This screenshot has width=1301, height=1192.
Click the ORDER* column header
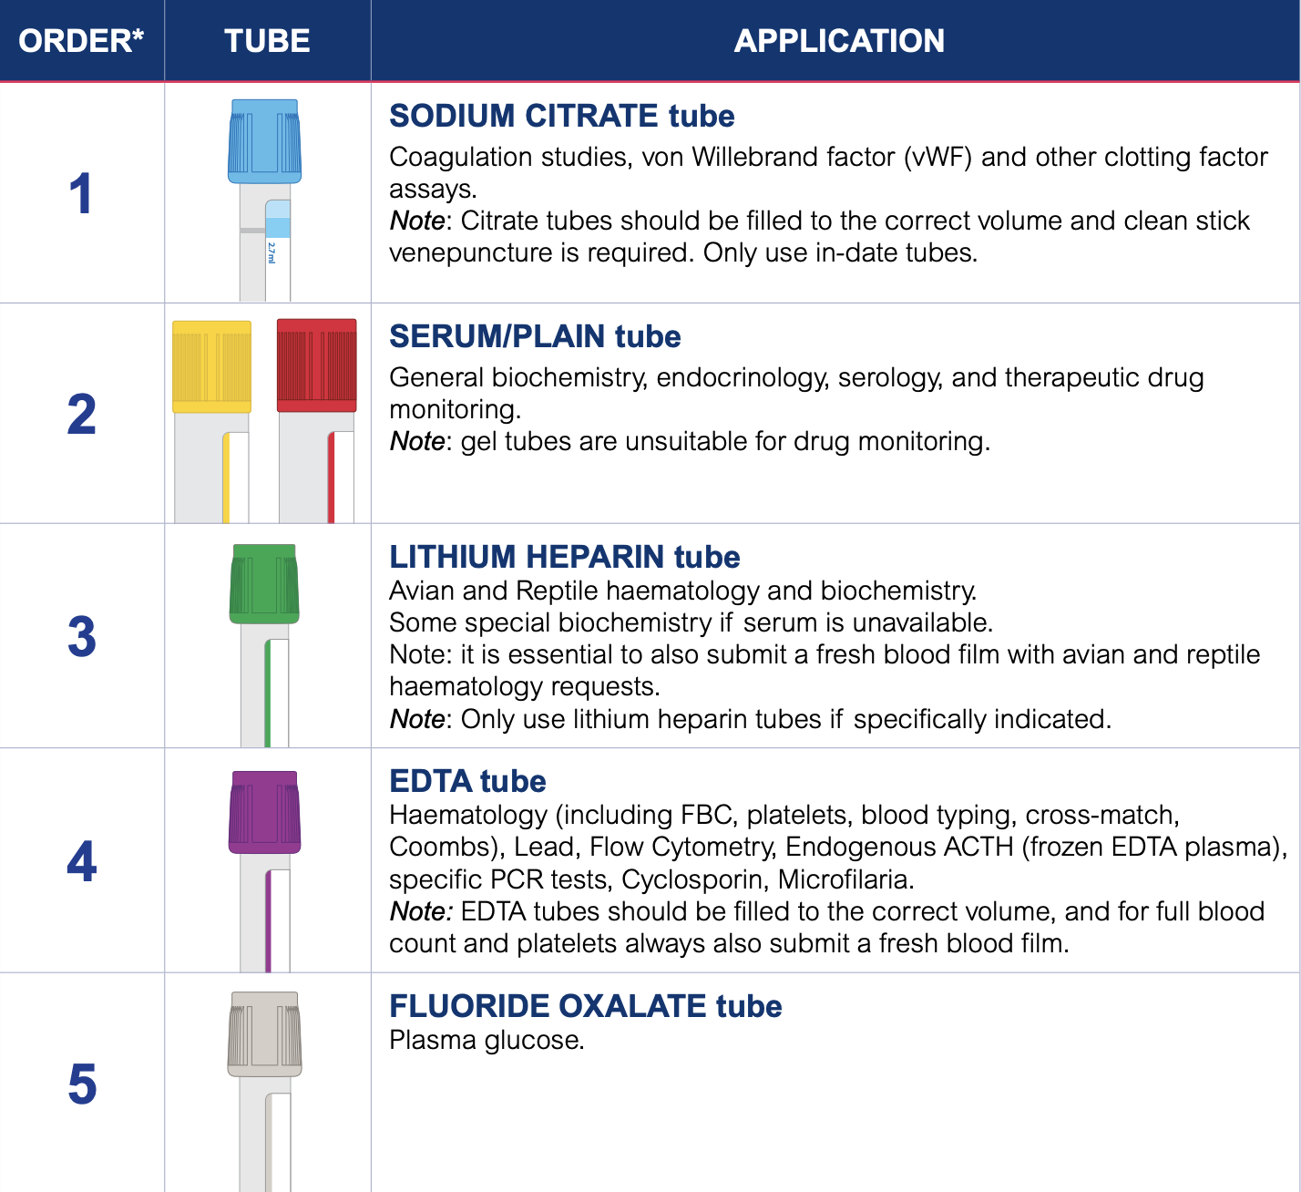point(81,41)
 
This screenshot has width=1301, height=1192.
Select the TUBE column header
point(267,41)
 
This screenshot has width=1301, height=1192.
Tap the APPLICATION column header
point(839,41)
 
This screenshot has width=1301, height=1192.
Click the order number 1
point(81,193)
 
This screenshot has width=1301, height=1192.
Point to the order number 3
point(82,637)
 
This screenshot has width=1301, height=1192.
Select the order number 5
point(82,1084)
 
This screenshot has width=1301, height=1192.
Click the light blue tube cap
point(264,141)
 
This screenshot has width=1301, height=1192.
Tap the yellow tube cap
point(211,366)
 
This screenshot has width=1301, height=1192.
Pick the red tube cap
point(316,365)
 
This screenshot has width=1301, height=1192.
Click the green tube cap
point(264,584)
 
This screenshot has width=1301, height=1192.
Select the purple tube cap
point(264,812)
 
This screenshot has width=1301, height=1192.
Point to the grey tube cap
point(264,1034)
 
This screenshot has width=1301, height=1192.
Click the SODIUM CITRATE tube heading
point(561,116)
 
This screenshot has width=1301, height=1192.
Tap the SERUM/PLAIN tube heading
point(535,337)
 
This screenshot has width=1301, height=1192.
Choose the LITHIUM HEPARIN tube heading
point(564,557)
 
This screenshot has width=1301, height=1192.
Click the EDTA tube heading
point(467,781)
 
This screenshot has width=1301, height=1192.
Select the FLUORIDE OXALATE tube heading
point(586,1006)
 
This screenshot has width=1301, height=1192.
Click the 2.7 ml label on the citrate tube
point(271,252)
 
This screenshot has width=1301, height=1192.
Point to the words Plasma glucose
point(487,1041)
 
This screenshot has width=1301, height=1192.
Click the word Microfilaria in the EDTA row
point(845,880)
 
